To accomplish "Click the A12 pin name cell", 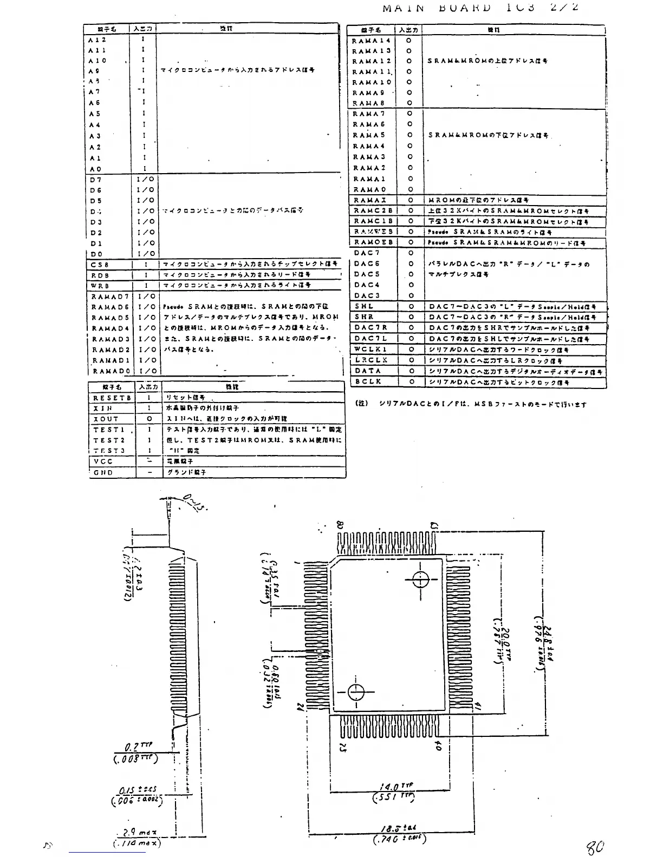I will (97, 39).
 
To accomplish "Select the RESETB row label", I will (112, 398).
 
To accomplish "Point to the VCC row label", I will (103, 462).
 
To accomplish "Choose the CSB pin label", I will (100, 265).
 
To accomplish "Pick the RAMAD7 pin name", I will (110, 296).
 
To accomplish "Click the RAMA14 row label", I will (371, 41).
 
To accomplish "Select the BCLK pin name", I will (368, 381).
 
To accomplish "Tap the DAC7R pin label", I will (371, 327).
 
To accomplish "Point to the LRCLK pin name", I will (371, 360).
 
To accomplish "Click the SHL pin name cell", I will (364, 306).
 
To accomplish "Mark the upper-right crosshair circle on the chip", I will (421, 579).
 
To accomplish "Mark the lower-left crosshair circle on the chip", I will (356, 692).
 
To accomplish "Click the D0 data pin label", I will (96, 254).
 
